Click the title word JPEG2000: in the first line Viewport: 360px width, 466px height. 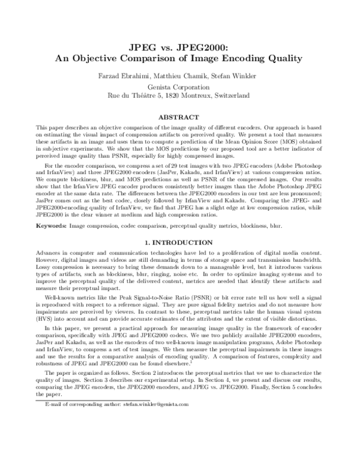coord(210,47)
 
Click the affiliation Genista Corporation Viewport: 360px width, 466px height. coord(179,85)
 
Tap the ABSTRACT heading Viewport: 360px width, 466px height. coord(180,117)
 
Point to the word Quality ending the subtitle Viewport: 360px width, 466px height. coord(280,59)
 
